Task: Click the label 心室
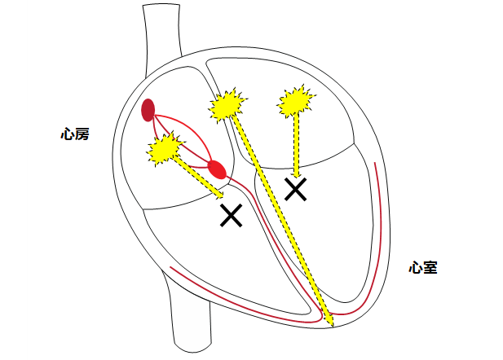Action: coord(423,266)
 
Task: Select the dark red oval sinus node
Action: coord(148,109)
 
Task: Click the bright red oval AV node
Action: coord(216,169)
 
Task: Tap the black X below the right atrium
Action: coord(232,215)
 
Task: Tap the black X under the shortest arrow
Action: coord(295,190)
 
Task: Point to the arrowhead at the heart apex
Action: coord(331,323)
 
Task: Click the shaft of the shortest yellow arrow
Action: coord(296,143)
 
